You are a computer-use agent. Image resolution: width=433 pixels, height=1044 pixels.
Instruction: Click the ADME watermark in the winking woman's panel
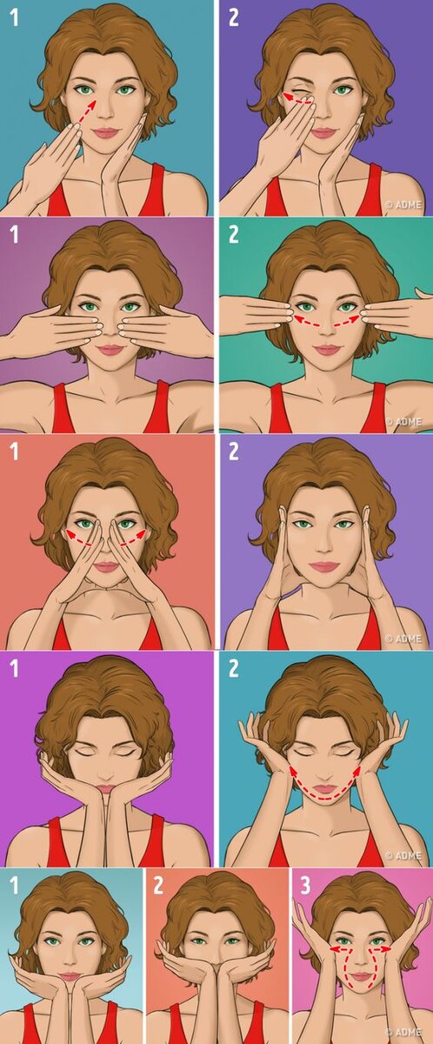pyautogui.click(x=403, y=204)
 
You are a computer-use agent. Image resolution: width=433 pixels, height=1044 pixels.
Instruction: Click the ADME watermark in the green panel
pyautogui.click(x=403, y=421)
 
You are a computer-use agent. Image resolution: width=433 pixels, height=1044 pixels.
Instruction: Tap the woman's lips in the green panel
pyautogui.click(x=325, y=350)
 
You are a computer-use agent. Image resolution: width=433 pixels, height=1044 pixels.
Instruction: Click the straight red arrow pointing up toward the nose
pyautogui.click(x=85, y=112)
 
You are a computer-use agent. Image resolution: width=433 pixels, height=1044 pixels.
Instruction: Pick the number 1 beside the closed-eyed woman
pyautogui.click(x=15, y=668)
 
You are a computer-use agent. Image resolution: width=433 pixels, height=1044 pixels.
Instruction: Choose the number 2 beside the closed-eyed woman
pyautogui.click(x=233, y=668)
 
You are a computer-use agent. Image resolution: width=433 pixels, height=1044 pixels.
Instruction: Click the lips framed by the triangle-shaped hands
pyautogui.click(x=107, y=567)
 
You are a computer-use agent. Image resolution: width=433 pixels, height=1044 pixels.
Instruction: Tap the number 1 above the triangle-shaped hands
pyautogui.click(x=15, y=452)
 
